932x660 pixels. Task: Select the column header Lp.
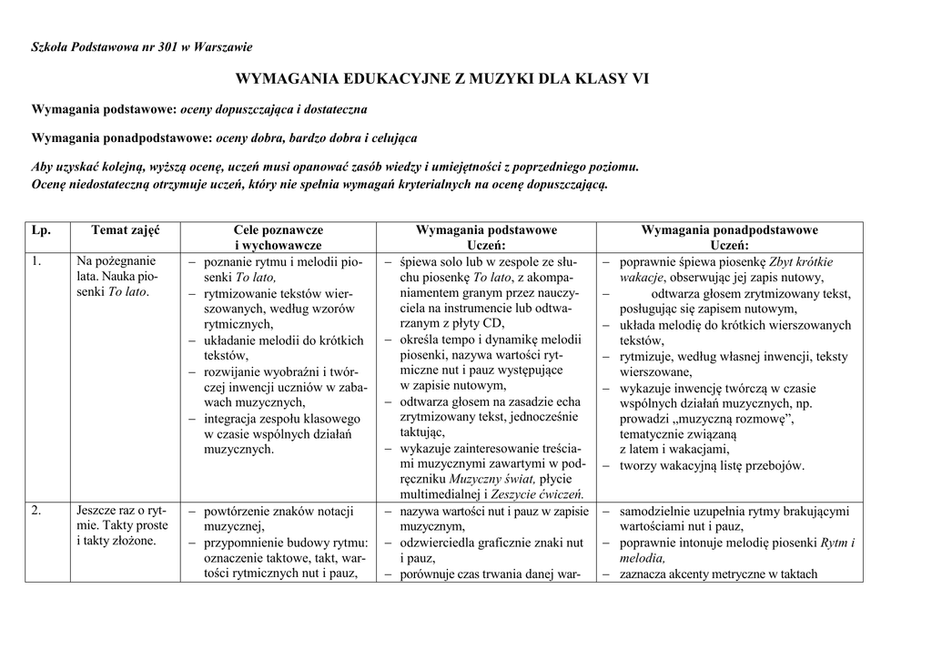click(x=41, y=230)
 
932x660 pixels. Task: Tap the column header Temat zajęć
click(x=125, y=230)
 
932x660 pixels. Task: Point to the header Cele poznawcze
click(x=279, y=230)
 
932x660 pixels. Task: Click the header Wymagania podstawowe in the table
click(x=486, y=230)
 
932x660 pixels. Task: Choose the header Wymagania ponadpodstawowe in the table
click(x=729, y=230)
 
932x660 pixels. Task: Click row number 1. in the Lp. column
click(x=36, y=261)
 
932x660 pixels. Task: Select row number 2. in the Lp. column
click(x=36, y=511)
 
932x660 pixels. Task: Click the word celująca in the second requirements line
click(x=390, y=138)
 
